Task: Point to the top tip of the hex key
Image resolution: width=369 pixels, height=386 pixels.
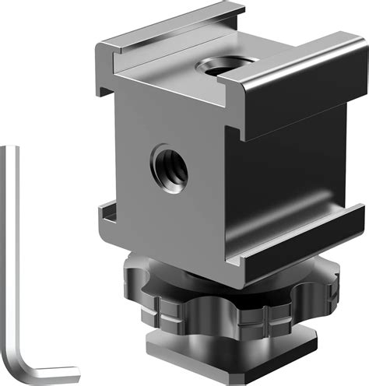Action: (x=9, y=148)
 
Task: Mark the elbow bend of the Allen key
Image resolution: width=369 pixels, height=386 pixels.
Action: (x=19, y=364)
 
